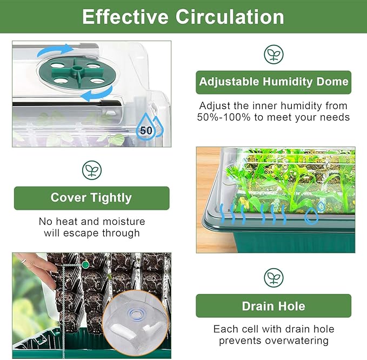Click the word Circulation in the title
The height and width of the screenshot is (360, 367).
click(234, 17)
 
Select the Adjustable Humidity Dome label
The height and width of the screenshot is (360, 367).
click(273, 82)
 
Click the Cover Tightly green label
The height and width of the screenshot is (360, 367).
click(91, 198)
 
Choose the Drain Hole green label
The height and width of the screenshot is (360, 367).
click(273, 306)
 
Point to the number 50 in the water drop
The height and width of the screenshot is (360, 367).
click(146, 130)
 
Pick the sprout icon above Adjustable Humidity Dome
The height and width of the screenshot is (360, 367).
click(273, 55)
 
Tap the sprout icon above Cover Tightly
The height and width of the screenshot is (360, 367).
click(91, 170)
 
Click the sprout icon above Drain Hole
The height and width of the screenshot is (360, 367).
click(273, 278)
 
